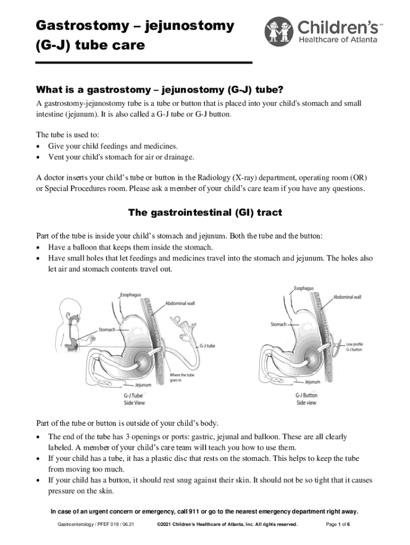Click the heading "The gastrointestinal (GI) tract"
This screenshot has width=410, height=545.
pos(205,213)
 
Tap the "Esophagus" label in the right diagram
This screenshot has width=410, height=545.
pos(303,288)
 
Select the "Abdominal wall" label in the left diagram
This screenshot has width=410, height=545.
pos(180,303)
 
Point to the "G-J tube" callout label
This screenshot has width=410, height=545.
pos(207,345)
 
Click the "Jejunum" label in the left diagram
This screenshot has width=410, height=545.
pos(143,384)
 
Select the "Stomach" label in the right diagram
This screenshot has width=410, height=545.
pos(278,324)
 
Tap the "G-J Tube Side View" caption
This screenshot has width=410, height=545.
pos(134,399)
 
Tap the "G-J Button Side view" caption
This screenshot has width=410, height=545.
pos(306,399)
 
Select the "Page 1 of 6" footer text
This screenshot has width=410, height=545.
pos(338,525)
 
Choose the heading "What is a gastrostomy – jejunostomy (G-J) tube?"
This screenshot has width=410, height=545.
pos(164,88)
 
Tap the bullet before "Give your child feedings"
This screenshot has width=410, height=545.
pos(38,146)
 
